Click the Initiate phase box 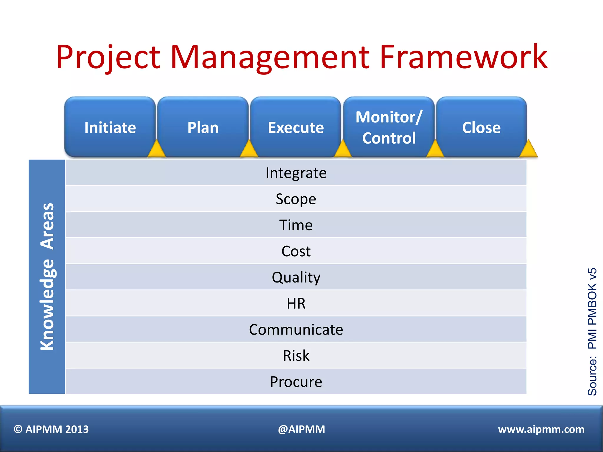click(x=110, y=127)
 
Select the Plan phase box click(x=203, y=127)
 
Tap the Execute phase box click(x=296, y=127)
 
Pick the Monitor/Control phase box click(x=389, y=127)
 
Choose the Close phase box click(x=481, y=127)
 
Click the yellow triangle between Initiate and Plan click(x=156, y=149)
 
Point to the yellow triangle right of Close click(x=529, y=149)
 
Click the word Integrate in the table click(x=296, y=173)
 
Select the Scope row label click(x=296, y=199)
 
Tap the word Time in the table click(x=296, y=225)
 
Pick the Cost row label click(x=296, y=251)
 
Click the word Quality click(x=296, y=277)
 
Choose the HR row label click(x=296, y=303)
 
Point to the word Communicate click(x=296, y=329)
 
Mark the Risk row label click(x=296, y=355)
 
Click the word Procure click(x=296, y=382)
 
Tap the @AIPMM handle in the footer click(x=301, y=429)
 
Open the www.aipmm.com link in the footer click(x=541, y=429)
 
